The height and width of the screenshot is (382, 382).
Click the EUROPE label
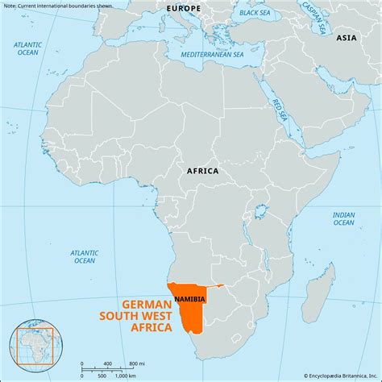coord(184,8)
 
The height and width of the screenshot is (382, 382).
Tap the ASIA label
coord(347,38)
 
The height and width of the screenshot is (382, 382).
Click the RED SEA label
coord(279,111)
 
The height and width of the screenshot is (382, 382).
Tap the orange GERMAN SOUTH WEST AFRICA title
coord(147,315)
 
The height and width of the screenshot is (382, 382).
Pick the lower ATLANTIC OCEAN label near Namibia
coord(84,256)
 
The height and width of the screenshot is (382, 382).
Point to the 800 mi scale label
coord(136,364)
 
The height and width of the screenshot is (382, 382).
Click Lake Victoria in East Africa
coord(260,211)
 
